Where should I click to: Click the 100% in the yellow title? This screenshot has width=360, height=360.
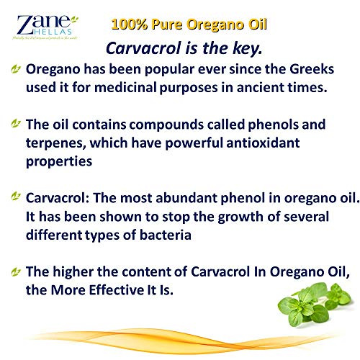point(130,24)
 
